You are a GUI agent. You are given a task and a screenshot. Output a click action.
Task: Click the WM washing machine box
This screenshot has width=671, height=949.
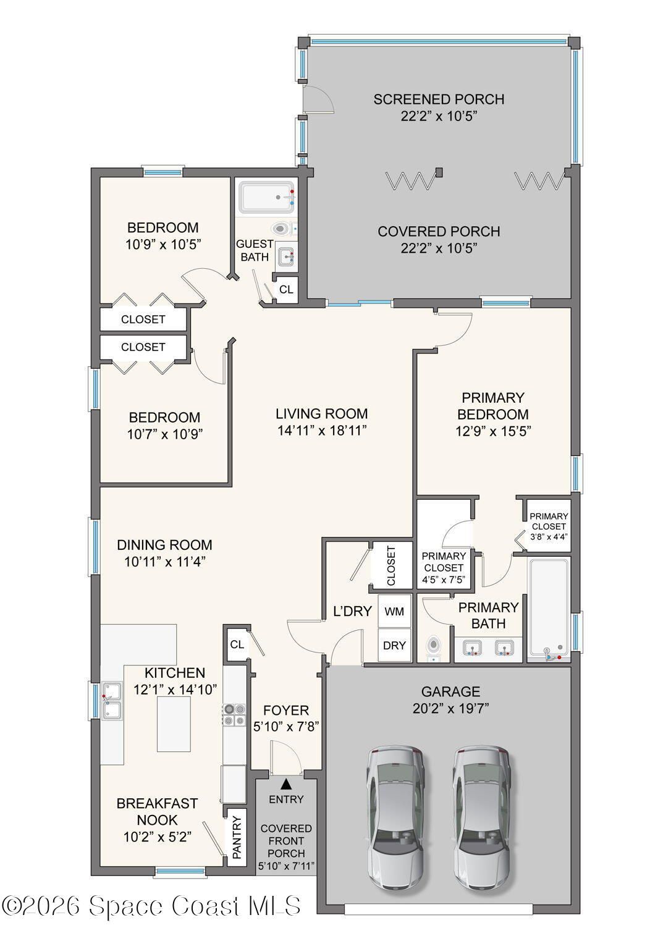pyautogui.click(x=394, y=611)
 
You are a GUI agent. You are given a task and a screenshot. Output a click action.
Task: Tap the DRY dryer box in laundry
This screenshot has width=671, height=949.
pyautogui.click(x=394, y=645)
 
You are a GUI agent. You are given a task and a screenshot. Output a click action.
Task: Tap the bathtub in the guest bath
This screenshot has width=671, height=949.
pyautogui.click(x=266, y=198)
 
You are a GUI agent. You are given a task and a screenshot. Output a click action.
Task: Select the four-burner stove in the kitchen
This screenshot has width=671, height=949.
pyautogui.click(x=234, y=714)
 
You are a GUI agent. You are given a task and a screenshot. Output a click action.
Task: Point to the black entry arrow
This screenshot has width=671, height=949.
pyautogui.click(x=286, y=785)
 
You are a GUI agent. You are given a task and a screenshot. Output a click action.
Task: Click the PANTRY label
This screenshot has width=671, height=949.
pyautogui.click(x=237, y=837)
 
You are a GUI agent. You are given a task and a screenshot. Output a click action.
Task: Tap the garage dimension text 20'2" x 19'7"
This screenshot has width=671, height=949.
pyautogui.click(x=450, y=708)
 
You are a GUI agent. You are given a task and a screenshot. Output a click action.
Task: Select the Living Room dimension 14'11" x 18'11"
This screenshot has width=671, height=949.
pyautogui.click(x=322, y=431)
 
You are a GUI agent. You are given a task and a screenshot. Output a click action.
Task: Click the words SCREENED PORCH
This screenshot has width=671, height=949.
pyautogui.click(x=439, y=99)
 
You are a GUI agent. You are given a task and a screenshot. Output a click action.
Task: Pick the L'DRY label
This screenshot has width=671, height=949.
pyautogui.click(x=352, y=611)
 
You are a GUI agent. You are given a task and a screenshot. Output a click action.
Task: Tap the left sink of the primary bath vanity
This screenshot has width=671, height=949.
pyautogui.click(x=471, y=647)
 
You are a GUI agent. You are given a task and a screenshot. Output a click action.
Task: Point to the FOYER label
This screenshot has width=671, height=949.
pyautogui.click(x=286, y=710)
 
